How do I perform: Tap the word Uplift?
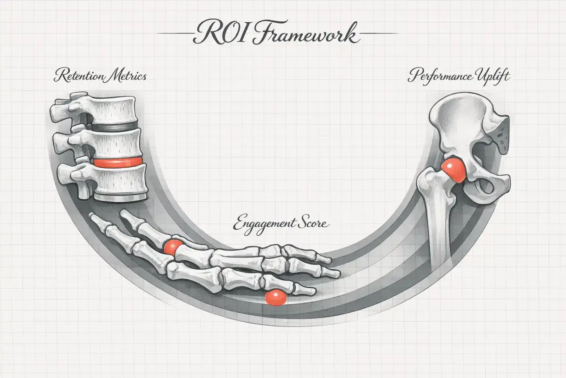tap(492, 77)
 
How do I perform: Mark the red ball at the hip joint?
tap(454, 169)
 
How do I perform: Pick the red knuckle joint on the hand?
tap(173, 246)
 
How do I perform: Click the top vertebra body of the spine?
tap(116, 110)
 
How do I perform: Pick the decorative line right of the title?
tap(375, 34)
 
